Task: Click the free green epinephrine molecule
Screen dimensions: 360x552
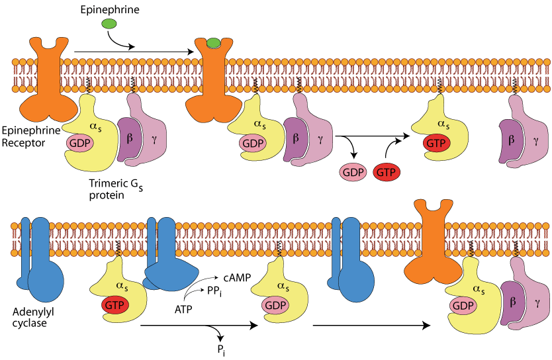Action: (109, 24)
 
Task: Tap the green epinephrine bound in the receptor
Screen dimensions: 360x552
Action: (213, 44)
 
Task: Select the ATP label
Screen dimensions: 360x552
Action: (183, 308)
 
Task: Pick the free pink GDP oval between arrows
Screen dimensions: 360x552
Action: (353, 171)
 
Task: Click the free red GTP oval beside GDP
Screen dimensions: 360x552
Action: (387, 171)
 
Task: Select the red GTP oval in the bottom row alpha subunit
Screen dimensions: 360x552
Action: (115, 306)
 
